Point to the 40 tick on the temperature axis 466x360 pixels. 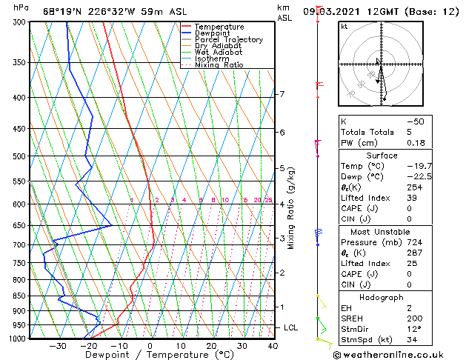pos(273,346)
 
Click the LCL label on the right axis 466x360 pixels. pos(292,327)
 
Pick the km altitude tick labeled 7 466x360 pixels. pos(282,94)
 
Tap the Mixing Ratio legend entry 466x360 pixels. pos(219,65)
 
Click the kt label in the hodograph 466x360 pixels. pos(344,26)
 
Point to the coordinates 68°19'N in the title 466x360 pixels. pos(62,12)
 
